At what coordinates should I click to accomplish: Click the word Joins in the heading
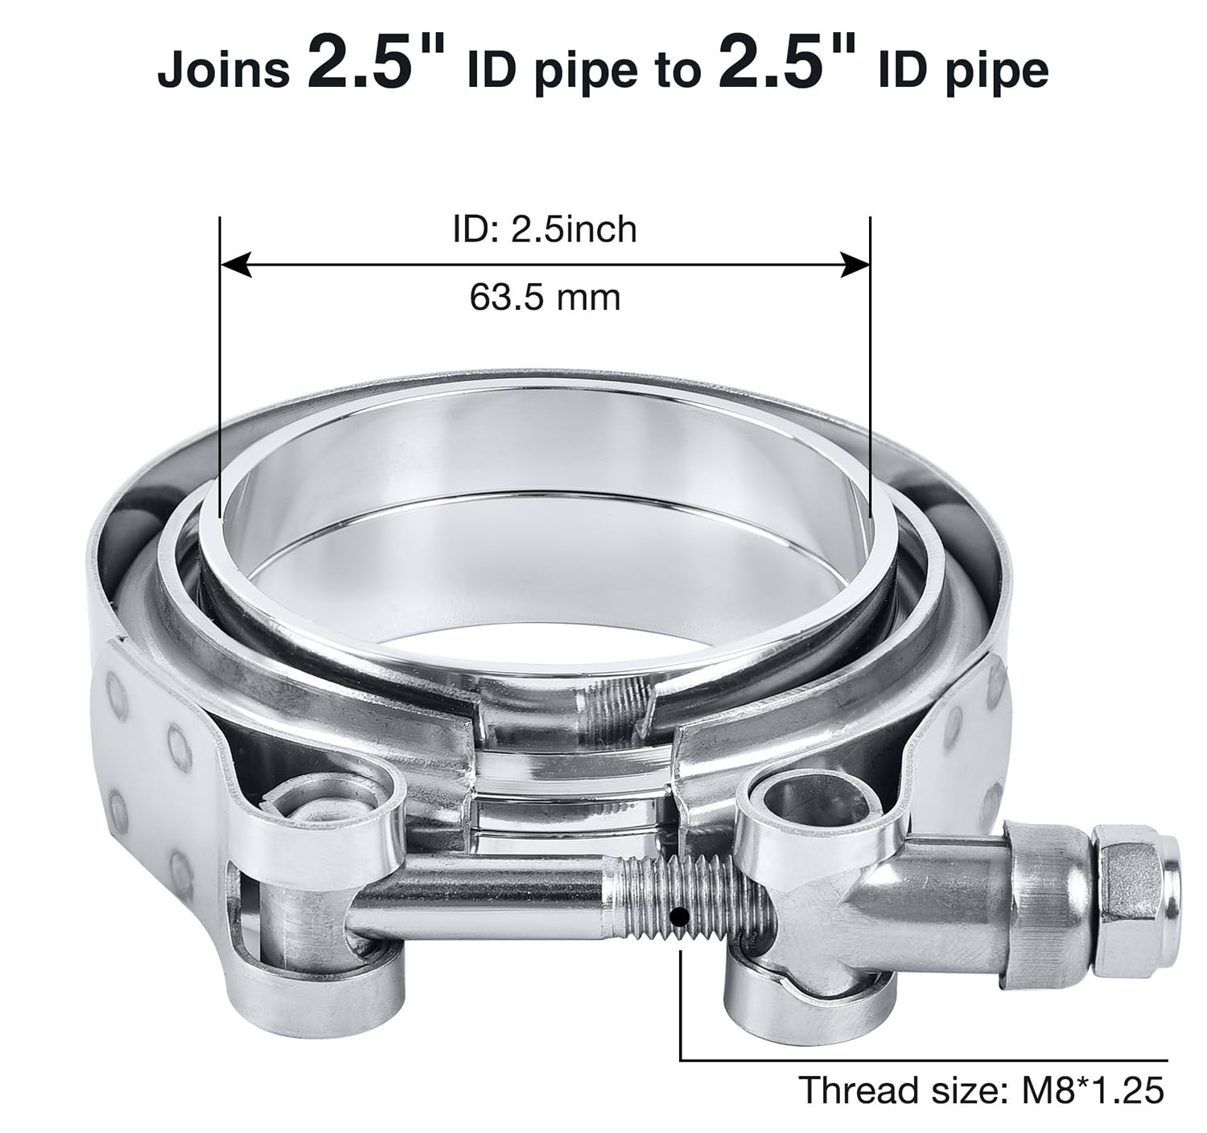[223, 70]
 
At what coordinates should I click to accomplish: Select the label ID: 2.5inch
[545, 229]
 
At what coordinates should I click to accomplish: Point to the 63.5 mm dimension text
[545, 298]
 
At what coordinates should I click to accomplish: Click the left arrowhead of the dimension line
[236, 264]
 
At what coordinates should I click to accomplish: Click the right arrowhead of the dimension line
[855, 264]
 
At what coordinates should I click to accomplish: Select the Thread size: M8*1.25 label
[981, 1091]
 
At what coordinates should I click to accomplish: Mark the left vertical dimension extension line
[219, 362]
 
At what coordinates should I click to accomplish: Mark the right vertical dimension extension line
[870, 362]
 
